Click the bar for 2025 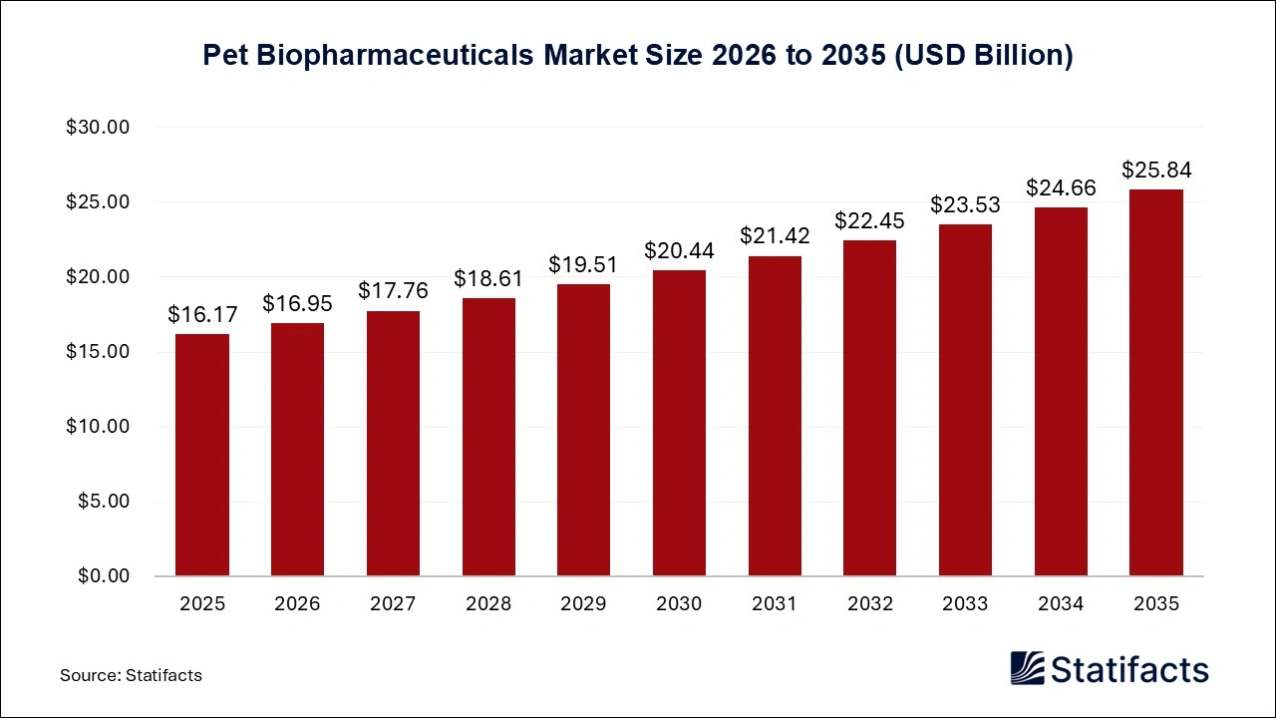202,455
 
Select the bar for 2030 679,423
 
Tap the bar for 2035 1156,383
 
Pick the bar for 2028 488,437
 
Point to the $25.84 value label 1156,171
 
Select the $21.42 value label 775,236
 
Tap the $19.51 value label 583,265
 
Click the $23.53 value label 965,205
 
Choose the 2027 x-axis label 393,604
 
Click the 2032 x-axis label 869,604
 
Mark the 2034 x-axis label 1061,604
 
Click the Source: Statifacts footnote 131,675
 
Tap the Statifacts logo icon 1027,669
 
